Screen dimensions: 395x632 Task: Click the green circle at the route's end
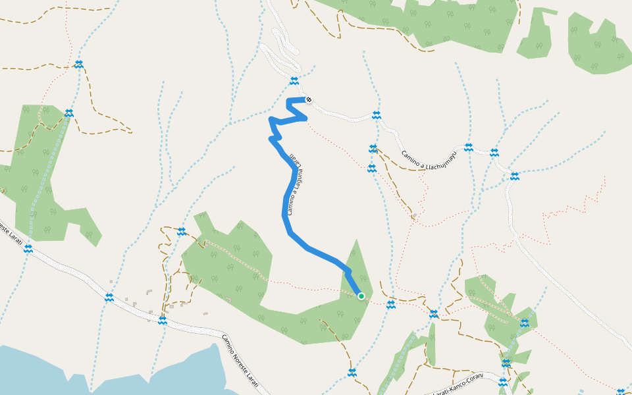pos(361,296)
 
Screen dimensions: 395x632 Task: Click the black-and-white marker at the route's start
pos(309,100)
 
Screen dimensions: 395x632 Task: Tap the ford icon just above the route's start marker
pos(294,81)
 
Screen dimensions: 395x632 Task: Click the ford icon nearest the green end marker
pos(390,305)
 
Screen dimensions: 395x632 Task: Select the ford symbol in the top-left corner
pos(79,64)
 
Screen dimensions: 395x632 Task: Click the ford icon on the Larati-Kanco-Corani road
pos(503,382)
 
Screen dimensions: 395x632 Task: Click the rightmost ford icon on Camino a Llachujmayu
pos(514,176)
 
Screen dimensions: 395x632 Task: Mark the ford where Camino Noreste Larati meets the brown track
pos(162,321)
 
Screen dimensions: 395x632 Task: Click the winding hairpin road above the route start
pos(283,53)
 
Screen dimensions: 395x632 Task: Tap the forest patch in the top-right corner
pos(596,46)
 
